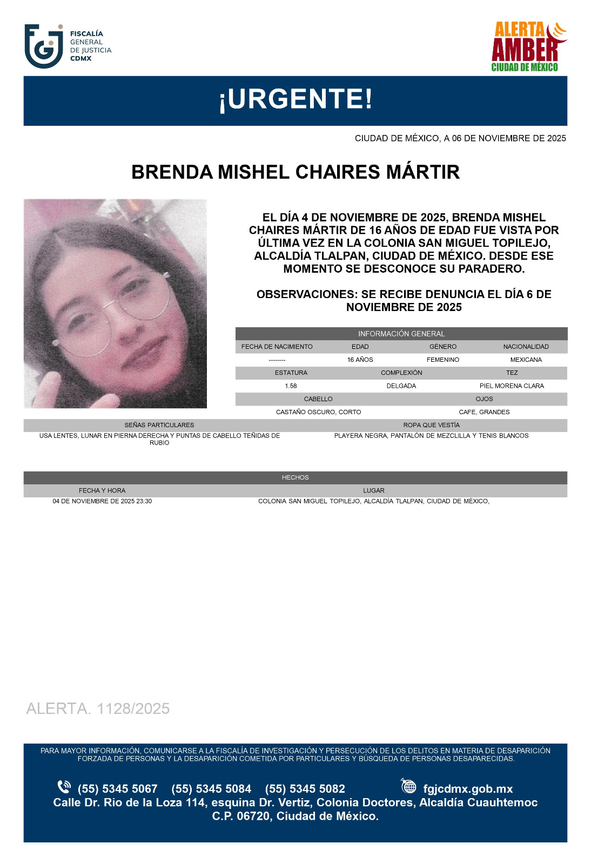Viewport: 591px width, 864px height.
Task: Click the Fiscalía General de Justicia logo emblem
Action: pos(44,46)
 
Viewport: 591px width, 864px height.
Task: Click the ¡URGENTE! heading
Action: pos(295,100)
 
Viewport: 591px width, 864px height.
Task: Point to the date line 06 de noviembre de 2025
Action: pos(460,138)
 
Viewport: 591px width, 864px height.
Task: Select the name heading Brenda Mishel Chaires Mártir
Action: pos(295,172)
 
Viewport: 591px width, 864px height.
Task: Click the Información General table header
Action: pos(401,334)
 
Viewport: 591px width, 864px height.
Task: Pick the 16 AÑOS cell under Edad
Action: pos(360,360)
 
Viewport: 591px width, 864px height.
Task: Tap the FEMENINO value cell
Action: pos(442,360)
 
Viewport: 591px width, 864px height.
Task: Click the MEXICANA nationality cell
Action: pos(526,360)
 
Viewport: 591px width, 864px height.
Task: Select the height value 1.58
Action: pos(291,386)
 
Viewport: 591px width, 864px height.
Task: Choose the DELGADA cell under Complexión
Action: pos(401,386)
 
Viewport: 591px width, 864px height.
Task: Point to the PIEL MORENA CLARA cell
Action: pos(512,386)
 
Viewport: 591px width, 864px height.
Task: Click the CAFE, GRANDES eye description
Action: pos(484,412)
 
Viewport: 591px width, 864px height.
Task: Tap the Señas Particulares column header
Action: pos(159,425)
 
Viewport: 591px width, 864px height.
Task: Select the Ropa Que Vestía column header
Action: pos(431,425)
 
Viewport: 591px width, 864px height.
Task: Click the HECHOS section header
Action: pos(295,477)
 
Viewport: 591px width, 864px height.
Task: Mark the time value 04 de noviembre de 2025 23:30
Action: pos(102,501)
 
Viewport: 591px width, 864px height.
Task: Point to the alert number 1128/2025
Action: pos(98,708)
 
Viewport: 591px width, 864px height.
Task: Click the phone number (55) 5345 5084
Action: pos(211,789)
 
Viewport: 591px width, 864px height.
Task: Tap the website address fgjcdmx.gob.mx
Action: pos(468,789)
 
